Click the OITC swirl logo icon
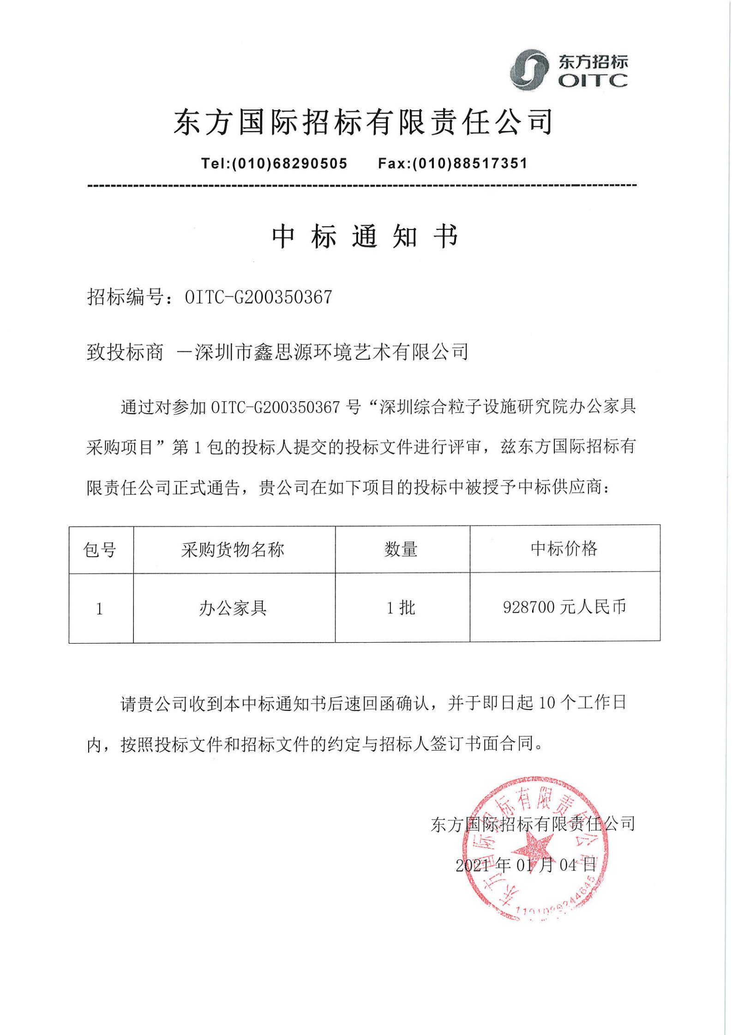(531, 71)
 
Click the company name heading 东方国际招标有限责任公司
(363, 123)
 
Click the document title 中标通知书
(365, 237)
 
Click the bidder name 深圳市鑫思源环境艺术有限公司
(331, 352)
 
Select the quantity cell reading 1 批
(401, 608)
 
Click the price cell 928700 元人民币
(564, 607)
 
